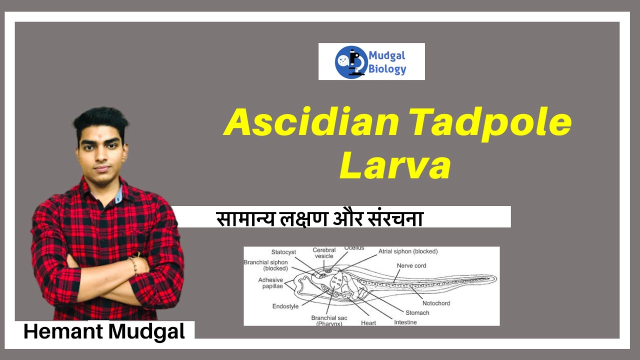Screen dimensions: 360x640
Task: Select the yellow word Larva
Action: point(395,167)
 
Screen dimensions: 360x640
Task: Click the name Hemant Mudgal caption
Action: point(104,331)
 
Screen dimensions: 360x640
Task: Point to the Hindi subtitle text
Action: point(319,218)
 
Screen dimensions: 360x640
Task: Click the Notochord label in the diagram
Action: point(436,303)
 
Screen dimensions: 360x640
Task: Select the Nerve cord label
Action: point(411,265)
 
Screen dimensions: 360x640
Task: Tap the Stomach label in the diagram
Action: point(417,312)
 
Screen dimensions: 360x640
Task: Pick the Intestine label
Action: point(405,322)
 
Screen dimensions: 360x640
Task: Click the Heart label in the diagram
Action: point(368,322)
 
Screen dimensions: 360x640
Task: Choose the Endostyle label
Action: point(285,306)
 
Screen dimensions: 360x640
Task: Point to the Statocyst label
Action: point(284,252)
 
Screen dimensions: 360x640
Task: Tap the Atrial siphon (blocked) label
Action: point(407,251)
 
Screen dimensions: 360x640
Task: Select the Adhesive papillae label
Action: point(270,283)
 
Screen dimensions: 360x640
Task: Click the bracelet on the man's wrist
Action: point(133,265)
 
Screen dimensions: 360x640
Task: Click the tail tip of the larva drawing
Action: point(495,278)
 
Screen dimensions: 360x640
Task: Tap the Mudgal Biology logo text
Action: point(387,62)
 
